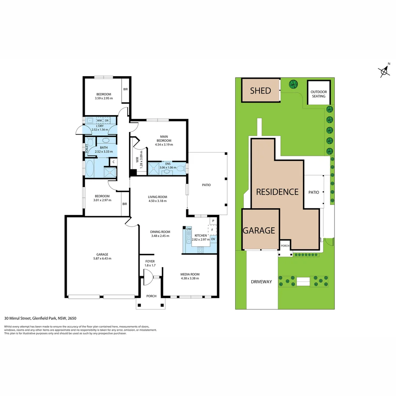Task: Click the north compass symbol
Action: coord(384,71)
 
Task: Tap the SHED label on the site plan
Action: coord(260,91)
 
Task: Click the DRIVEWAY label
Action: coord(261,282)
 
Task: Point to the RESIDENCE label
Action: coord(277,192)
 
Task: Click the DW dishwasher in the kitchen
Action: coord(189,229)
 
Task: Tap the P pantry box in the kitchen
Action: coord(213,221)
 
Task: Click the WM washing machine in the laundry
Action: coord(99,120)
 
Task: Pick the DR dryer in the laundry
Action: coord(107,120)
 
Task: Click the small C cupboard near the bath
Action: coord(113,162)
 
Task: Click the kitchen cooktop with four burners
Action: coord(201,250)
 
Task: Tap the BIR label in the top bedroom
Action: coord(125,89)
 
